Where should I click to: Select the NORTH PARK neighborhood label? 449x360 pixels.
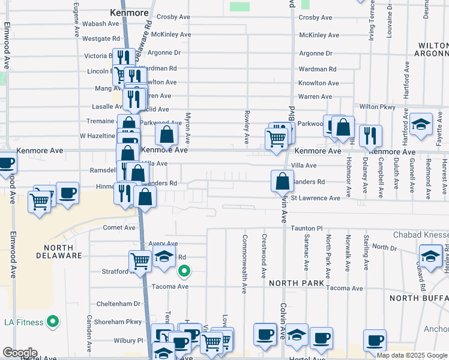[297, 283]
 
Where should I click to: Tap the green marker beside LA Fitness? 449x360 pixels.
[53, 322]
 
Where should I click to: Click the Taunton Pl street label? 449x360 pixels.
[307, 229]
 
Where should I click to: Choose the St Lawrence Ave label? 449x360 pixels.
[315, 198]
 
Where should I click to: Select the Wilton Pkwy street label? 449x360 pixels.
[378, 107]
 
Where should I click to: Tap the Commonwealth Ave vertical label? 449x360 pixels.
[244, 272]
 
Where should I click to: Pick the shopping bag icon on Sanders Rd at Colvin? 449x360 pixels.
[282, 181]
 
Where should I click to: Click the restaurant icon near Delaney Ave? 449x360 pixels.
[370, 135]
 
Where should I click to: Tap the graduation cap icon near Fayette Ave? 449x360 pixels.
[421, 124]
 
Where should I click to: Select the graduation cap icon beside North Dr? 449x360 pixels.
[430, 256]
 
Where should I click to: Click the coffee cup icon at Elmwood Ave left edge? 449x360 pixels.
[5, 163]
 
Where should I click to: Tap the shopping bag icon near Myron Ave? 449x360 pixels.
[166, 134]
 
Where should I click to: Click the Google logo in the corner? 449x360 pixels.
[20, 353]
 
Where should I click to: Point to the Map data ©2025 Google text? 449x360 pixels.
[411, 355]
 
